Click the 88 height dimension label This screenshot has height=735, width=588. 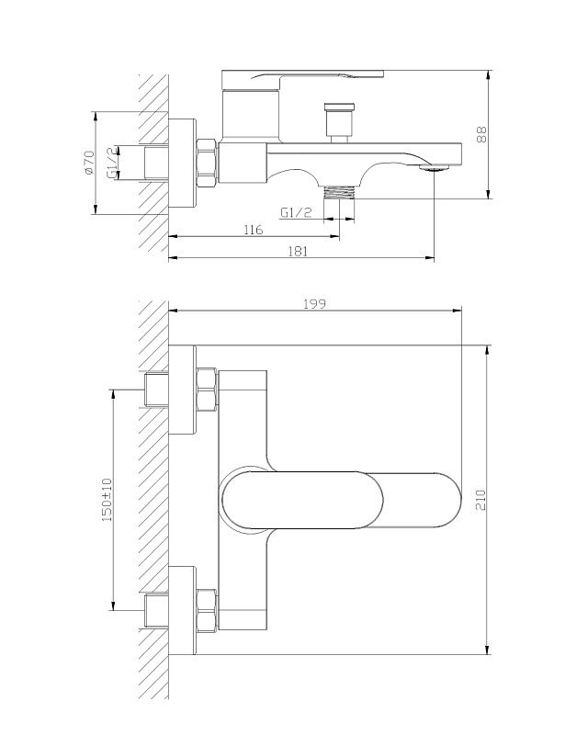pyautogui.click(x=481, y=133)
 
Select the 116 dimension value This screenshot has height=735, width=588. pyautogui.click(x=254, y=230)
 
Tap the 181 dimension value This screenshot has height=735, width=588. pyautogui.click(x=298, y=250)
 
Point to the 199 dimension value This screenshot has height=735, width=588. pyautogui.click(x=315, y=304)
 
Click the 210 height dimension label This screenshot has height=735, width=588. pyautogui.click(x=481, y=500)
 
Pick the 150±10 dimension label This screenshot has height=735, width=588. pyautogui.click(x=107, y=500)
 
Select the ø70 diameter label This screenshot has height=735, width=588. pyautogui.click(x=88, y=164)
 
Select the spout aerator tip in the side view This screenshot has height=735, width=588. pyautogui.click(x=433, y=168)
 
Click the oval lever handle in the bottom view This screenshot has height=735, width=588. pyautogui.click(x=340, y=500)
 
